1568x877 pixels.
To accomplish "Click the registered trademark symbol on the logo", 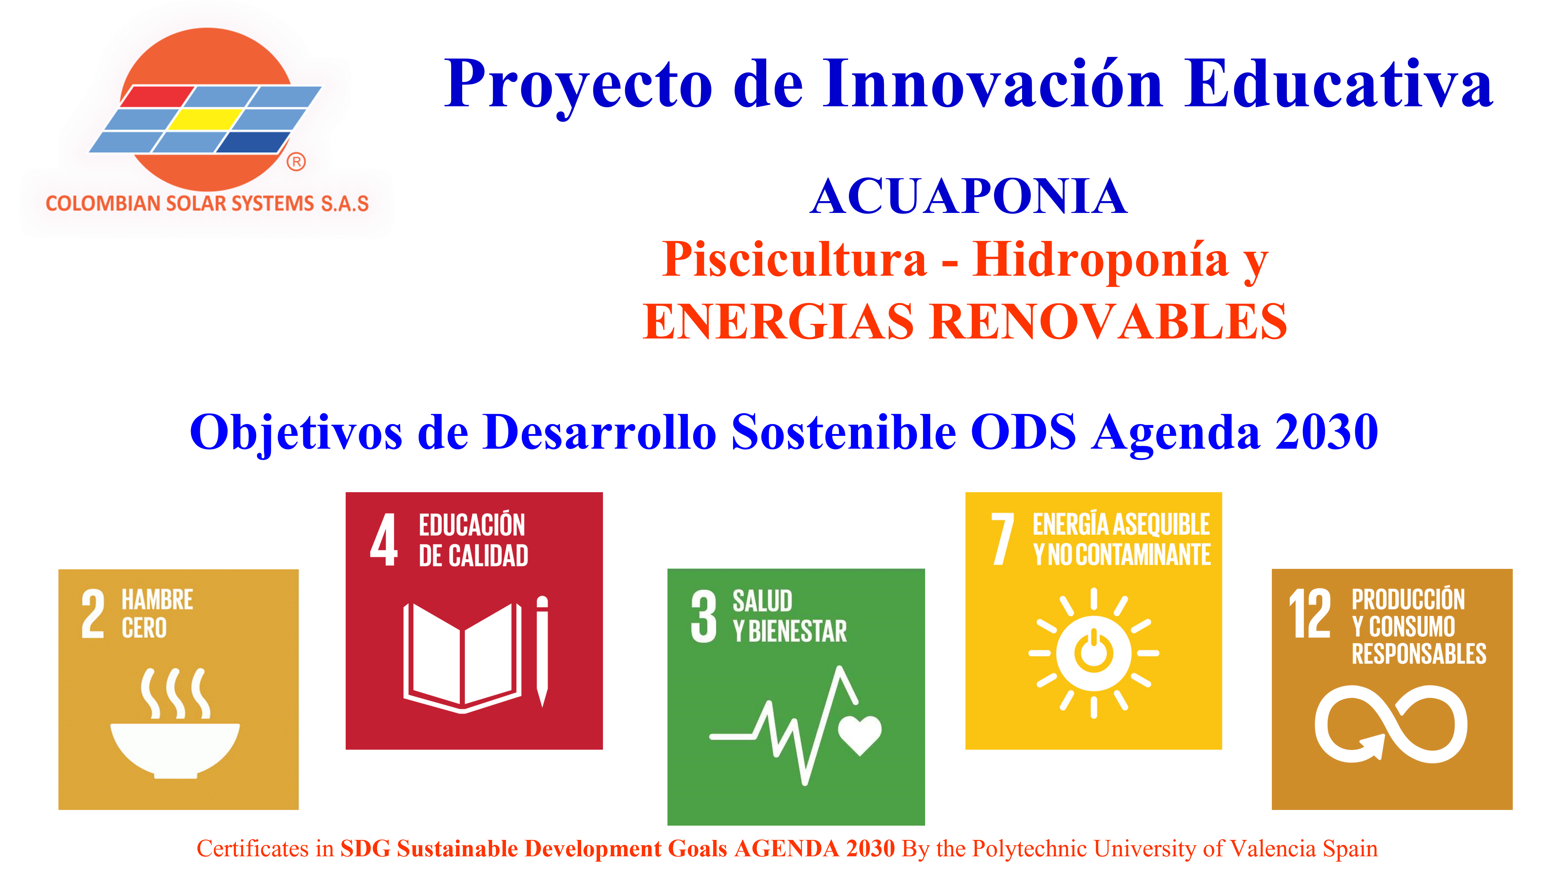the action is point(296,162).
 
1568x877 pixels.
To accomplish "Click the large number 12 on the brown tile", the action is point(1310,613).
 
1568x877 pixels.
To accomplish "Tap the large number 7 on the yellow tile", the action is point(1002,539).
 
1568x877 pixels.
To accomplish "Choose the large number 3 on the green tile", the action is point(704,616).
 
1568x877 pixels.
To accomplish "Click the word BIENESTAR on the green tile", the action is point(798,632).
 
